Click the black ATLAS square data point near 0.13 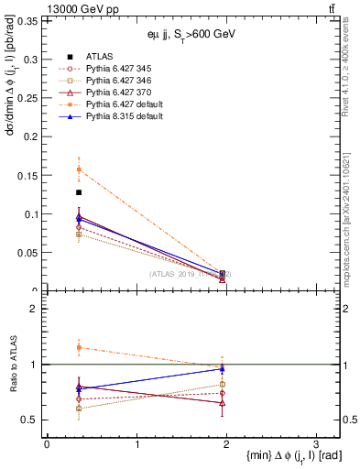pyautogui.click(x=79, y=192)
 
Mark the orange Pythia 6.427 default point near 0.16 pyautogui.click(x=79, y=169)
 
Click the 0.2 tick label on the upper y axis pyautogui.click(x=31, y=136)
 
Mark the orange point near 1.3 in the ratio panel pyautogui.click(x=79, y=347)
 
